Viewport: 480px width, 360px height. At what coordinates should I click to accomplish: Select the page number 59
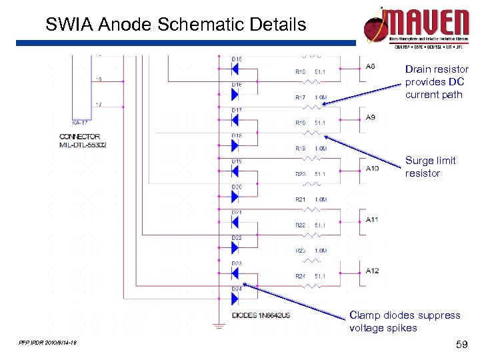tap(459, 344)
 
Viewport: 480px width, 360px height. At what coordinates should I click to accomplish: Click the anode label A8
tap(370, 66)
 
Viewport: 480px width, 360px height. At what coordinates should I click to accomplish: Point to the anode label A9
tap(370, 117)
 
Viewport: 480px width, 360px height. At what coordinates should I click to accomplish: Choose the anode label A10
tap(371, 169)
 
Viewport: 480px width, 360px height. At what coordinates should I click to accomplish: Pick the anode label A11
tap(371, 219)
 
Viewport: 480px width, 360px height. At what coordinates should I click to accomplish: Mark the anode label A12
tap(371, 270)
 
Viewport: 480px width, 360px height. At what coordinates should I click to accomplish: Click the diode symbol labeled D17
tap(235, 120)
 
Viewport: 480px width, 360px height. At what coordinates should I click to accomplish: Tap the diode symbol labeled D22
tap(235, 248)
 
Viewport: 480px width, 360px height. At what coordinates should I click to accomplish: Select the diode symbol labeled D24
tap(235, 299)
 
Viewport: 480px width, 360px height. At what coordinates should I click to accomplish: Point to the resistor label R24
tap(301, 276)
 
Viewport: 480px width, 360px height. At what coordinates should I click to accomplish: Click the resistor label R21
tap(301, 199)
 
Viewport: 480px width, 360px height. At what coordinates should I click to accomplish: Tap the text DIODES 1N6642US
tap(261, 314)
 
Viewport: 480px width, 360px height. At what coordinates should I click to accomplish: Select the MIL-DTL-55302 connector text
tap(83, 144)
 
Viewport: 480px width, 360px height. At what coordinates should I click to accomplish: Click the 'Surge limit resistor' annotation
tap(430, 167)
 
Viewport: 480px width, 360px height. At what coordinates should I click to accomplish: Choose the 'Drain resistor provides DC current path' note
tap(436, 82)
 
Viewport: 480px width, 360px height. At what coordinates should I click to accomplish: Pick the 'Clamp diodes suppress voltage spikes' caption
tap(404, 321)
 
